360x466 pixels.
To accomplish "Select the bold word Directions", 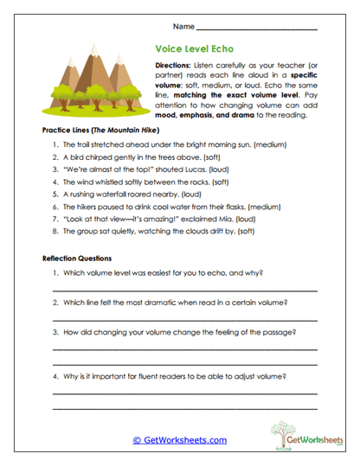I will (x=177, y=66).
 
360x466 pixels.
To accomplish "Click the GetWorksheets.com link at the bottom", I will (x=179, y=440).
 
